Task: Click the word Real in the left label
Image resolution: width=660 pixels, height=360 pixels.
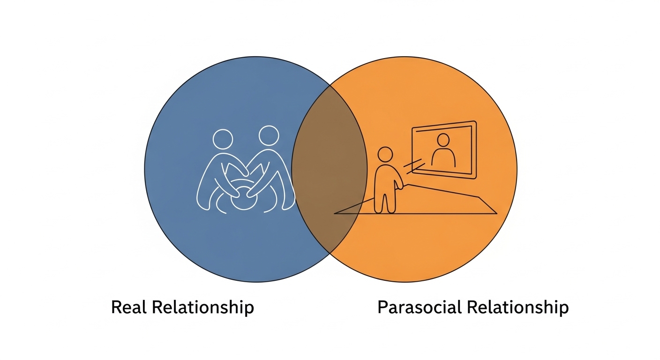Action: pos(129,307)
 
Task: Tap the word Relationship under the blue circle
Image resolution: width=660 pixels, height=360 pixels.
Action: pos(202,308)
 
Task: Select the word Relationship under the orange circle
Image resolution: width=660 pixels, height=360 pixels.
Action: pos(517,308)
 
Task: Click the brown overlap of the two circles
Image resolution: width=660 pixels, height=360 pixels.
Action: pos(330,169)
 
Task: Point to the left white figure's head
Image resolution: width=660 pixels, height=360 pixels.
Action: pos(223,139)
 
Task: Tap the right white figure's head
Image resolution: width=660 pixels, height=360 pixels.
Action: pos(269,135)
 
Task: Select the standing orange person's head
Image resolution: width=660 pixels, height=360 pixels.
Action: pos(385,155)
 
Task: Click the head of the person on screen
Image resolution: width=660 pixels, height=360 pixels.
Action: pos(443,140)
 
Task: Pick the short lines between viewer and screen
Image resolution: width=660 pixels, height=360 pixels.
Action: pos(413,166)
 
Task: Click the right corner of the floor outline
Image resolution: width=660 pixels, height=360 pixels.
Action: pos(497,213)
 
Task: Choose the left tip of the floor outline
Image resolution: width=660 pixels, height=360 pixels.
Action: pos(334,213)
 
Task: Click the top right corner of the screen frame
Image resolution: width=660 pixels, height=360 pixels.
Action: pos(475,121)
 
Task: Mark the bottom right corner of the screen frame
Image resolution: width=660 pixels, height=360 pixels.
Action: pos(476,178)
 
